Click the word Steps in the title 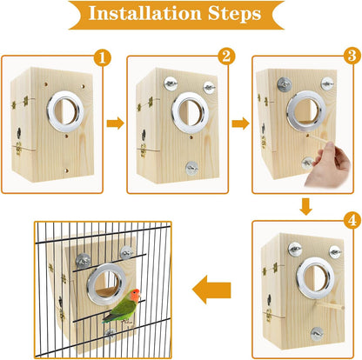tap(243, 15)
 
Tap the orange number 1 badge tap(103, 58)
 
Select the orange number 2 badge tap(227, 58)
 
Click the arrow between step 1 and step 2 tap(115, 124)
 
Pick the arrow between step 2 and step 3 tap(238, 124)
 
